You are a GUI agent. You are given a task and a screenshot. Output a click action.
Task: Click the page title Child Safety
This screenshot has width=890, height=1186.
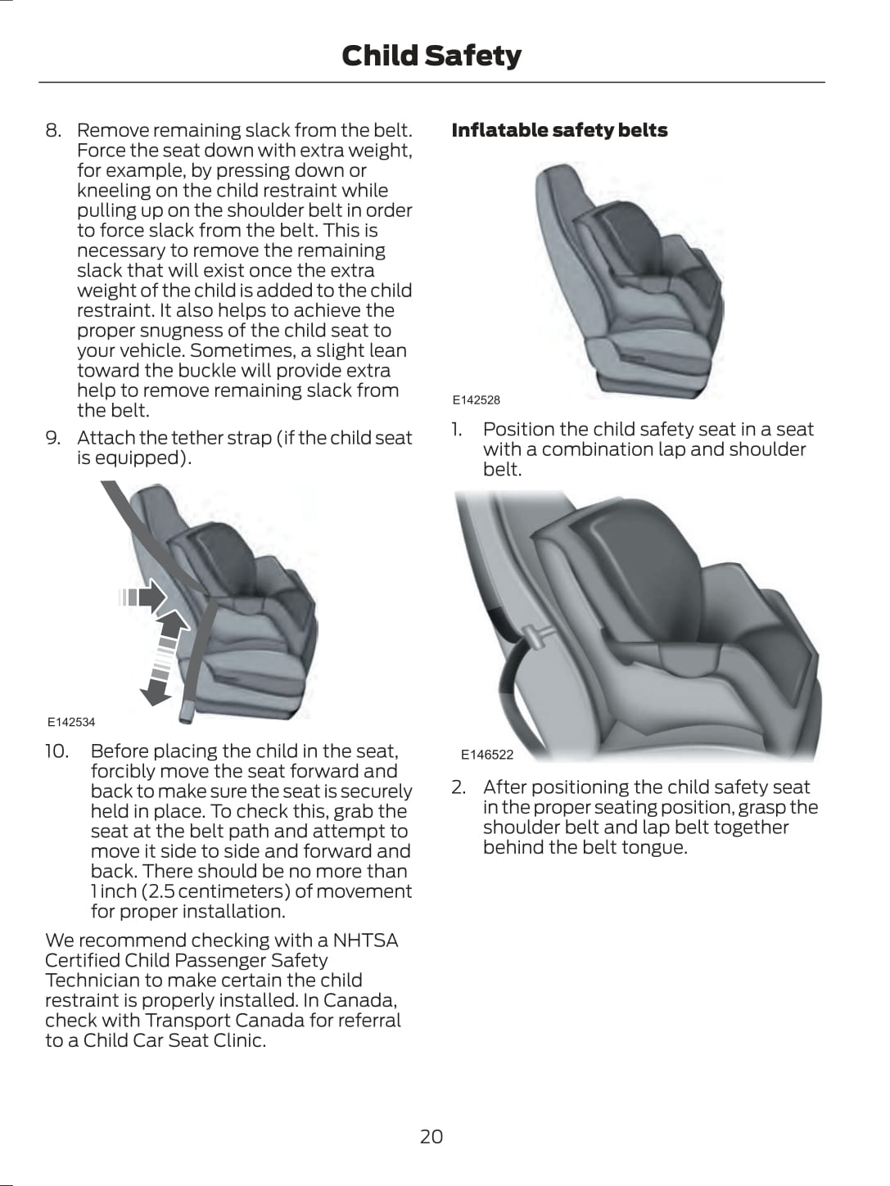coord(431,56)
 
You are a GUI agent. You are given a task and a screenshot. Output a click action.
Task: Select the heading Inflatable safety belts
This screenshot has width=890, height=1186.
coord(559,130)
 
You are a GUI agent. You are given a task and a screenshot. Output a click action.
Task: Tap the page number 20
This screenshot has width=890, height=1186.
coord(431,1136)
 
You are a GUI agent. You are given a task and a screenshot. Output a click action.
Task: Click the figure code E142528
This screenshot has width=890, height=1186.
coord(477,400)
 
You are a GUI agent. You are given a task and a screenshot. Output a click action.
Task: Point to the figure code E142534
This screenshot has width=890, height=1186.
coord(71,722)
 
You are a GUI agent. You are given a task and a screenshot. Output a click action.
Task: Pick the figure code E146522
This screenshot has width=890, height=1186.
coord(487,755)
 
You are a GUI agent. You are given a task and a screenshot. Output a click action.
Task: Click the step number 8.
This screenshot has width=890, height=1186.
coord(52,130)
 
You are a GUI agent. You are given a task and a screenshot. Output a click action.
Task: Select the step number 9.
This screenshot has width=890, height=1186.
coord(52,438)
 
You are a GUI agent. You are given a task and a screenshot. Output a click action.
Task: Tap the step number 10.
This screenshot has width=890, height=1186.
coord(56,751)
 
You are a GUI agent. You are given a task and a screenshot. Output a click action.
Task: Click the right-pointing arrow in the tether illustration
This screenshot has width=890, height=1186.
coord(142,596)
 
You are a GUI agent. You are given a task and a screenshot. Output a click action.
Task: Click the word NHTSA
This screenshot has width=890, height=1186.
coord(365,940)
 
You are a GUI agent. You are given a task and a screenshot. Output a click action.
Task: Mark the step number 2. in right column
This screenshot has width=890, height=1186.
coord(459,787)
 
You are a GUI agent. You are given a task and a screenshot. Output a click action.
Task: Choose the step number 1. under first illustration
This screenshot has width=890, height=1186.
coord(458,430)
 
